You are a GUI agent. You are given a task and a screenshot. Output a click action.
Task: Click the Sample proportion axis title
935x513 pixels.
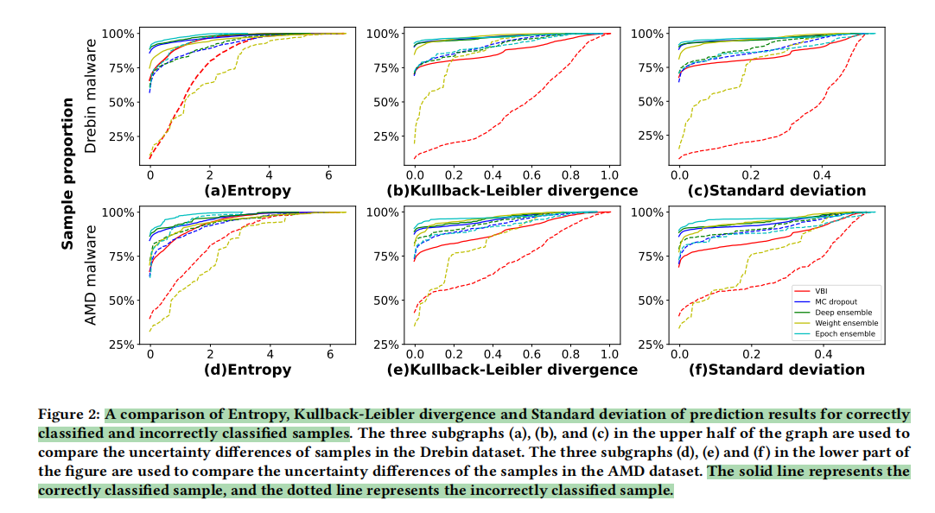coord(67,174)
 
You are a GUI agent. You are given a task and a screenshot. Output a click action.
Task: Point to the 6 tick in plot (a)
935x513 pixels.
coord(330,175)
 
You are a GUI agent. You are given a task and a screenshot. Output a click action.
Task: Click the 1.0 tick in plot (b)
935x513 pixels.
coord(609,175)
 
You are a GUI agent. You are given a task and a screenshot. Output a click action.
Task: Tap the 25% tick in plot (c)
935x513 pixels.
coord(651,136)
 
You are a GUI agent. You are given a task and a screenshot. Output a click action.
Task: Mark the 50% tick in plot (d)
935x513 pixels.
coord(120,301)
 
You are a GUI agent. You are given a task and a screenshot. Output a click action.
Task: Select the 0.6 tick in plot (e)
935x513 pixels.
coord(531,354)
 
